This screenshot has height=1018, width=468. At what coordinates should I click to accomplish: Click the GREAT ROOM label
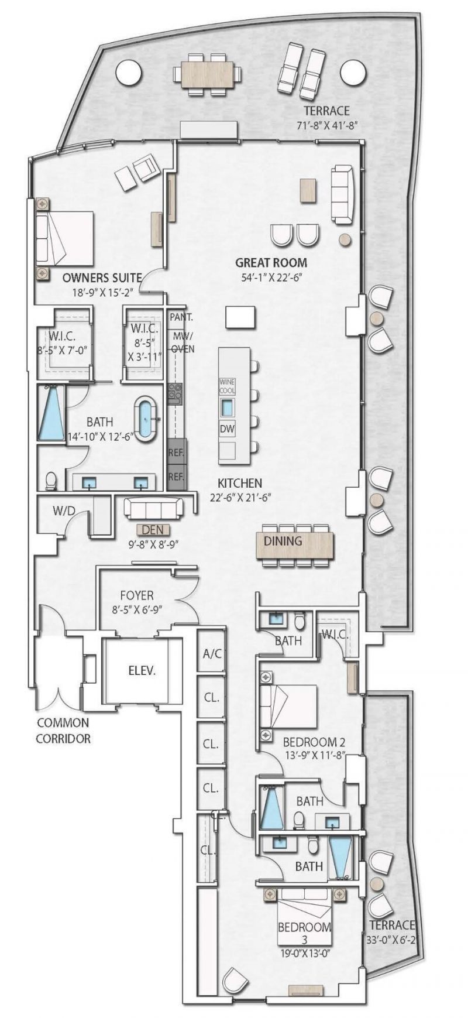click(271, 263)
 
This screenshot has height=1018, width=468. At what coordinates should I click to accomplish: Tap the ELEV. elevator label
click(142, 671)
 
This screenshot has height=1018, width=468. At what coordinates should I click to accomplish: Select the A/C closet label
click(212, 653)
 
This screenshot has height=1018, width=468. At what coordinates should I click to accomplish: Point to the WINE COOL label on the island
click(227, 386)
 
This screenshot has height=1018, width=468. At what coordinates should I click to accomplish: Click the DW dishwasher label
click(227, 429)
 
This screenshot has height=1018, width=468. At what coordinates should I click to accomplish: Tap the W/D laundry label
click(64, 510)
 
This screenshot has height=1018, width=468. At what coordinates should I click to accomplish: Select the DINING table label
click(283, 541)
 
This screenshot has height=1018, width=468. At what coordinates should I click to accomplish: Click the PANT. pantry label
click(181, 317)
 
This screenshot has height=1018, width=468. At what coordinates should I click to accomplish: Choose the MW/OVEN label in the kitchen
click(183, 342)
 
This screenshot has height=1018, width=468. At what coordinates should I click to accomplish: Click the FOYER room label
click(137, 595)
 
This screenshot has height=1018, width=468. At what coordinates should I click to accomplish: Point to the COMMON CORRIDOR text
click(63, 731)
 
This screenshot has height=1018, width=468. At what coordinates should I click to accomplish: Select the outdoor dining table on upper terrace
click(207, 74)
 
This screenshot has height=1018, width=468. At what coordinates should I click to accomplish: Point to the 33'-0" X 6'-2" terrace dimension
click(391, 940)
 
